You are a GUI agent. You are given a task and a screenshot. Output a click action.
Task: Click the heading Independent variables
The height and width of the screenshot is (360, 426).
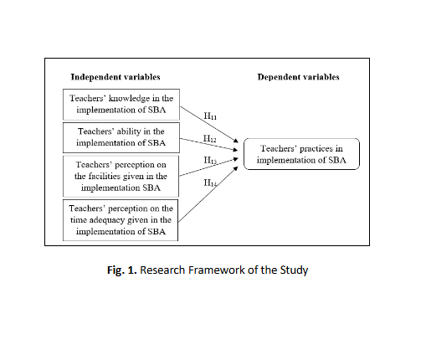tap(115, 77)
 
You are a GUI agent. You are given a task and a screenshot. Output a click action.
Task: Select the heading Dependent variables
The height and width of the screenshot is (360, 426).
tap(298, 77)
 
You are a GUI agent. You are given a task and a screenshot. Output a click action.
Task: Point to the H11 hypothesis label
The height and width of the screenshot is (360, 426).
tap(210, 116)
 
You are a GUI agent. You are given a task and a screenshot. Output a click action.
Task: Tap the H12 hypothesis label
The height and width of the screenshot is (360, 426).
tap(209, 138)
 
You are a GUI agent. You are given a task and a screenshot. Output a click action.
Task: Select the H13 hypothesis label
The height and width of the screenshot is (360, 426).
tap(210, 161)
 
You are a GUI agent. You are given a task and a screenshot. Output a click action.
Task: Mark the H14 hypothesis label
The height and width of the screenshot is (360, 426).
tap(210, 183)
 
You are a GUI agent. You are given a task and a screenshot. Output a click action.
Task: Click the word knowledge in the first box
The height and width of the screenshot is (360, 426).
tap(129, 99)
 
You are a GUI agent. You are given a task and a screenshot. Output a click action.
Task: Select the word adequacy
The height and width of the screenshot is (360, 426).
tap(105, 220)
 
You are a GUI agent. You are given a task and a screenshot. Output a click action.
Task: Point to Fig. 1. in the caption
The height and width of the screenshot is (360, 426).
tap(122, 270)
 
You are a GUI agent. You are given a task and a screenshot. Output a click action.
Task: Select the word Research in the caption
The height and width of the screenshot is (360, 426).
tap(162, 270)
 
